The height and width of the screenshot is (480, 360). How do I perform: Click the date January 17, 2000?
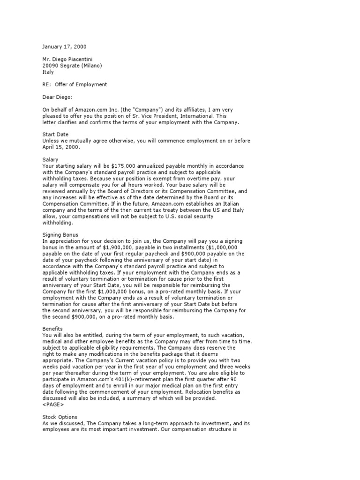click(x=64, y=47)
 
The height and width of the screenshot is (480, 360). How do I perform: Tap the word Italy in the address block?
click(x=48, y=72)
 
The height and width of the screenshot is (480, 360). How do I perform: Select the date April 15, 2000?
click(x=61, y=147)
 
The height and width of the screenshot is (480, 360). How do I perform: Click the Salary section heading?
click(x=50, y=160)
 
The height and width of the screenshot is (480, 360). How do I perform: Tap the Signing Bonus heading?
click(x=60, y=235)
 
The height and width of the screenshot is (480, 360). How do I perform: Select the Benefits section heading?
click(x=52, y=329)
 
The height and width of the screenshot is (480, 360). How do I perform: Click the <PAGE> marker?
click(x=53, y=404)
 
